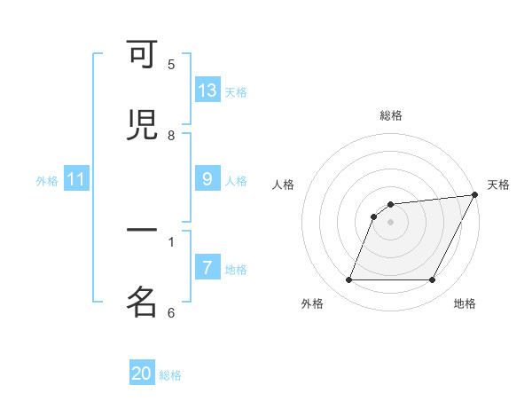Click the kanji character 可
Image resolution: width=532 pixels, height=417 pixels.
143,56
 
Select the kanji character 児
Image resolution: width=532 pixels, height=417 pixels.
143,126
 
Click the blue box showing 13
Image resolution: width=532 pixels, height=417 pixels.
207,90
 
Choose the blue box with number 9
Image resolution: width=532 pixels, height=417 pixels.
207,179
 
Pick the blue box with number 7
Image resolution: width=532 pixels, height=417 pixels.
207,268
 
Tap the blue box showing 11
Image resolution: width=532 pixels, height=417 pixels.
76,180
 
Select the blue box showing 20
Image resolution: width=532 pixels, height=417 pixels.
142,374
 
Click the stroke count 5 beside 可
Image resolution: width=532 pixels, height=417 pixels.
171,65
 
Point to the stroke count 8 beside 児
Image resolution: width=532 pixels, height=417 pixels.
171,136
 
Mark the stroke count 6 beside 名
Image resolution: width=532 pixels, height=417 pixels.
171,312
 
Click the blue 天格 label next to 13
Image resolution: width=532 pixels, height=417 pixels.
236,92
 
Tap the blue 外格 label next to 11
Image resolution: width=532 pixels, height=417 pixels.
47,181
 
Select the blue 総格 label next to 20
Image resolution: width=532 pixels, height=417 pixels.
170,375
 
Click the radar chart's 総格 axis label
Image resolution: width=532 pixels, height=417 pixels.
391,115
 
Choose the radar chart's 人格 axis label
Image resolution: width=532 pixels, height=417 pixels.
284,185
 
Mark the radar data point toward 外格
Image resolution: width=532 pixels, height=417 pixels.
348,280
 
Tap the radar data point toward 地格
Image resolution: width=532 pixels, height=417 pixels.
433,280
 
